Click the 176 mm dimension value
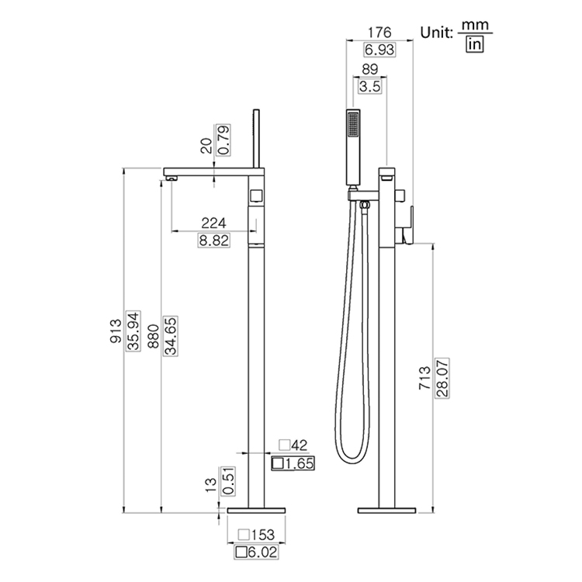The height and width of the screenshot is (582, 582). pyautogui.click(x=378, y=33)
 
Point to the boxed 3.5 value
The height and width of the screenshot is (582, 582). pyautogui.click(x=371, y=87)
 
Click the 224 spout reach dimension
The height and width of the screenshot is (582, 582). pyautogui.click(x=213, y=223)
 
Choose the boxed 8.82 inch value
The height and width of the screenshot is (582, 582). pyautogui.click(x=213, y=241)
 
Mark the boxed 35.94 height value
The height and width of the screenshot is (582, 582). pyautogui.click(x=133, y=331)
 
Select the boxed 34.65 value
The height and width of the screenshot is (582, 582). pyautogui.click(x=170, y=332)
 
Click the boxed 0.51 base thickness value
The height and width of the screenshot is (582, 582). pyautogui.click(x=228, y=481)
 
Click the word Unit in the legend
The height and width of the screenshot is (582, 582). pyautogui.click(x=436, y=33)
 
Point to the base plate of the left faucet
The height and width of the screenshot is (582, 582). pyautogui.click(x=256, y=512)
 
